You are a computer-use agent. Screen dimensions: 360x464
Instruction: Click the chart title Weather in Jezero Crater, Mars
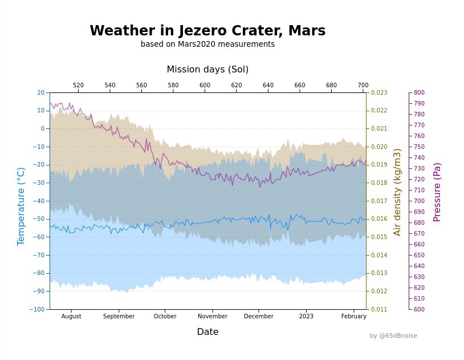coord(207,31)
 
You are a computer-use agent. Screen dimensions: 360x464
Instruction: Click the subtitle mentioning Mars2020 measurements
coord(207,45)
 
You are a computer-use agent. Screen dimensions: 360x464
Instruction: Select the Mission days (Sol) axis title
coord(207,70)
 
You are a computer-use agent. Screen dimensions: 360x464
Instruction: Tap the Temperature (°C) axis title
coord(21,206)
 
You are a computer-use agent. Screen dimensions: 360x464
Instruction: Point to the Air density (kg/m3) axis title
coord(397,192)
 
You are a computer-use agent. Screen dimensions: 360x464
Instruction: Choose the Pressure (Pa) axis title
coord(437,192)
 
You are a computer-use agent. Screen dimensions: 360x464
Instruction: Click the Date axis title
coord(207,332)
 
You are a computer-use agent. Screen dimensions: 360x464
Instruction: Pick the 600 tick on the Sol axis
coord(205,85)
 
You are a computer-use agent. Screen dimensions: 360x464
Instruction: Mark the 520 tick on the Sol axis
coord(79,85)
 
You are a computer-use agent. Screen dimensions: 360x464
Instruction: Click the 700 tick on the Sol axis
coord(363,85)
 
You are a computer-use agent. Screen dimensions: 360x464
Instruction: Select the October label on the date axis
coord(165,317)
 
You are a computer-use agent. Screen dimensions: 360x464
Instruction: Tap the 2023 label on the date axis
coord(306,317)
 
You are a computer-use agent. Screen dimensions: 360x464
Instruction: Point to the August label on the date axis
coord(71,317)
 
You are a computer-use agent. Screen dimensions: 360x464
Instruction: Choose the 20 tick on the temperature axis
coord(40,92)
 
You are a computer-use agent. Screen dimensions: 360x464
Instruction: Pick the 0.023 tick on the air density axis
coord(379,92)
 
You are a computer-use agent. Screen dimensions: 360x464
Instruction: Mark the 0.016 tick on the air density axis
coord(379,219)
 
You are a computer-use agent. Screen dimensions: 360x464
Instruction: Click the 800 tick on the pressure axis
coord(419,92)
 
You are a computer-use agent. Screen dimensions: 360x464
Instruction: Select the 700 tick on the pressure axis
coord(419,201)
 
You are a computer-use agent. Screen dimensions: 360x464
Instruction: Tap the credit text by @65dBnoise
coord(393,336)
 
